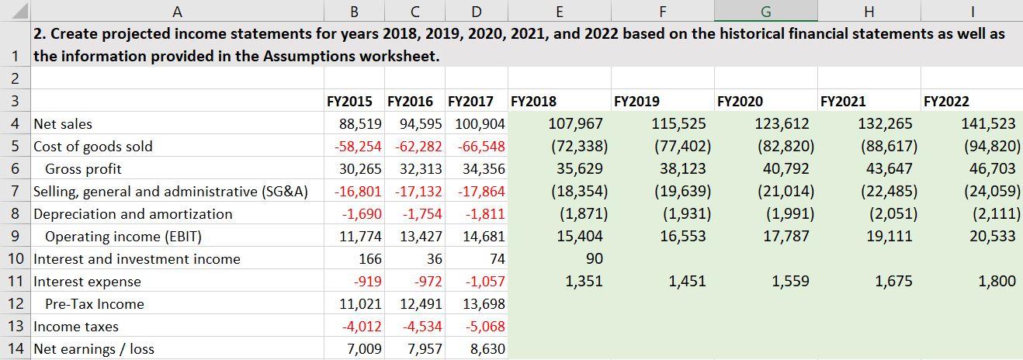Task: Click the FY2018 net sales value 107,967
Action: click(575, 124)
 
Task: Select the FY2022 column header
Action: click(946, 102)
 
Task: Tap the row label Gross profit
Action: click(83, 169)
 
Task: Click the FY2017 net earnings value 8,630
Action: click(487, 349)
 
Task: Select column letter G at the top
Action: click(765, 11)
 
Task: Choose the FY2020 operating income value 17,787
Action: click(786, 237)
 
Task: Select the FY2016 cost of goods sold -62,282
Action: click(415, 147)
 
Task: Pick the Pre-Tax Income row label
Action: click(94, 304)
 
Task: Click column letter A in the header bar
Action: click(178, 11)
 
